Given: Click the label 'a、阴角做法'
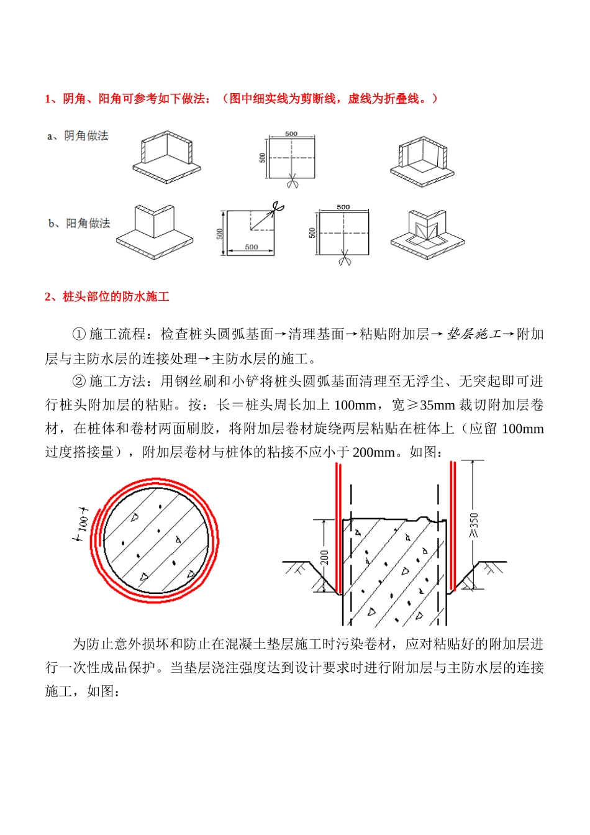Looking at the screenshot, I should (78, 135).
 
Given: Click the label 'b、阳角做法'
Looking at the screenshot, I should (79, 223).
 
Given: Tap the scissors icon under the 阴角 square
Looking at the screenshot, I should (292, 183).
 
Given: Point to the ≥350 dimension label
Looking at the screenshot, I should (474, 525).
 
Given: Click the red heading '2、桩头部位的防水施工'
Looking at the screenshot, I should (107, 296).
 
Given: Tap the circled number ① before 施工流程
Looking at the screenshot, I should (79, 334).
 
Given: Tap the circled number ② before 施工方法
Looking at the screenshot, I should (79, 381).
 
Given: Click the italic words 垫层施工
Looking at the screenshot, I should (474, 334).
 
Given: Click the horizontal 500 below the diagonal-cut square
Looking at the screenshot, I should (251, 247).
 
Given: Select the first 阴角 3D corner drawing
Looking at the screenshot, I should (166, 157).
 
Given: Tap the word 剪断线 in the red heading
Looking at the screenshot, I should (319, 98).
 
